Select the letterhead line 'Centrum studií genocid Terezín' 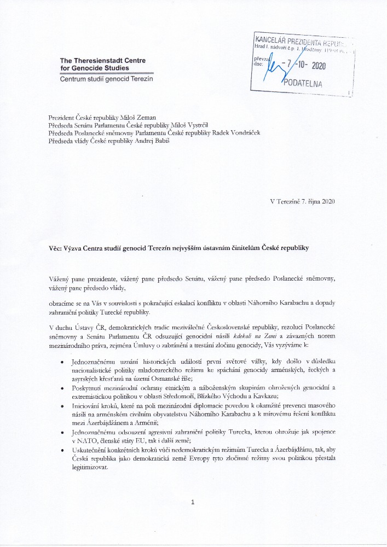[x=106, y=79]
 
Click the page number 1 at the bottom [x=193, y=502]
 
